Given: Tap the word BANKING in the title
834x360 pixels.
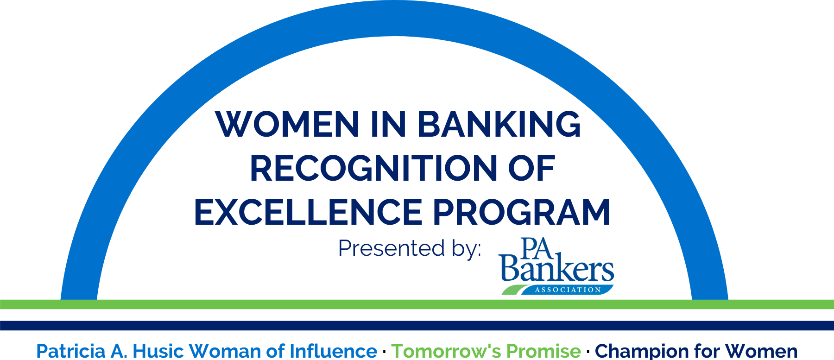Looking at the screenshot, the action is (x=499, y=124).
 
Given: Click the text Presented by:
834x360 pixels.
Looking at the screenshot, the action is (x=410, y=249).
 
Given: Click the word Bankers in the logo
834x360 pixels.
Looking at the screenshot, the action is (x=556, y=270).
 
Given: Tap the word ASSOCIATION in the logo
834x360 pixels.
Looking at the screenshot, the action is (x=568, y=290).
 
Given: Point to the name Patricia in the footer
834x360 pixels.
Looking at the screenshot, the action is (x=71, y=351).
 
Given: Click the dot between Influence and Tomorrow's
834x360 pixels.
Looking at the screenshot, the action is (x=385, y=352).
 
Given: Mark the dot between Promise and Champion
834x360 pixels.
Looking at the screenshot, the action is (x=588, y=352).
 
